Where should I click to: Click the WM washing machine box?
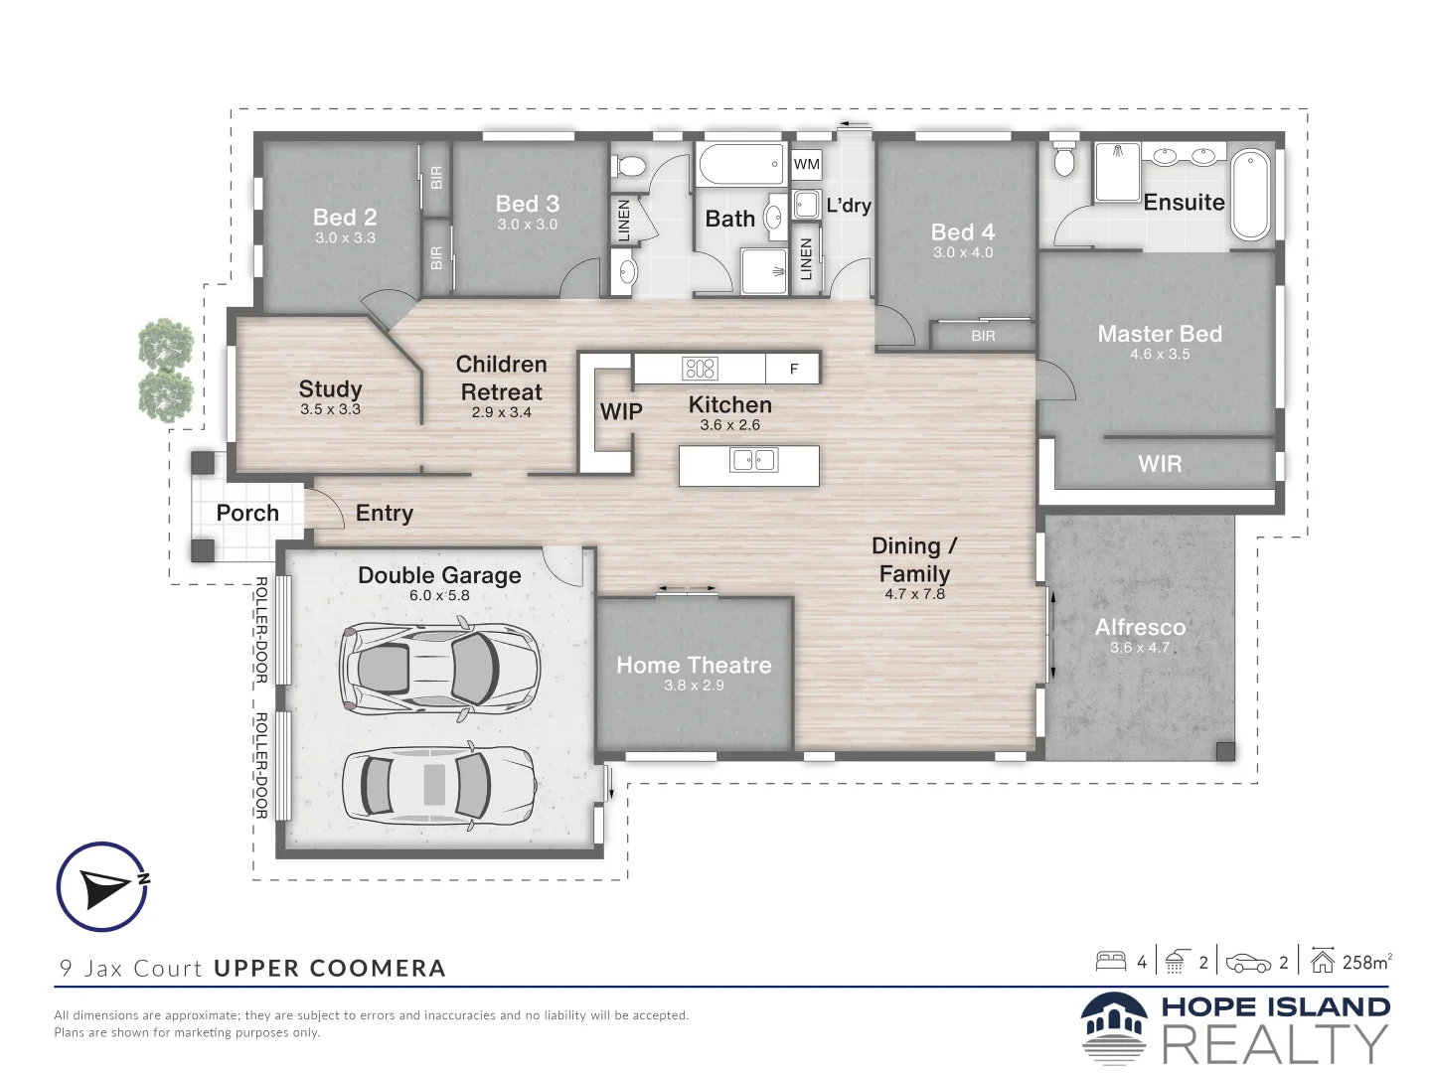(x=807, y=164)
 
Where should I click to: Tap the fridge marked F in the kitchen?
(x=793, y=369)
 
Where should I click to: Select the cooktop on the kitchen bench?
(x=700, y=369)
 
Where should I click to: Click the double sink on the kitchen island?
(x=753, y=460)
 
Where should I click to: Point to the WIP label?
(x=621, y=411)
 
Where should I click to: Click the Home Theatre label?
(x=694, y=666)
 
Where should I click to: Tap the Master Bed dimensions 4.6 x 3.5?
(x=1160, y=354)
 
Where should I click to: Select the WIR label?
(x=1160, y=464)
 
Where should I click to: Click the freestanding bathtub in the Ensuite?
(x=1250, y=195)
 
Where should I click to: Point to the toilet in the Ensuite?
(x=1064, y=157)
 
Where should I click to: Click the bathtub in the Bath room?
(x=741, y=164)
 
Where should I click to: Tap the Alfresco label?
(x=1140, y=627)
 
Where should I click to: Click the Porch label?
(x=247, y=513)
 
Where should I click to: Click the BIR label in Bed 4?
(x=983, y=336)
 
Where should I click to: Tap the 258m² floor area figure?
(x=1367, y=963)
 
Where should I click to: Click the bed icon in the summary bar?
(x=1111, y=962)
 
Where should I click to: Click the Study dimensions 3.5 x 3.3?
(x=330, y=409)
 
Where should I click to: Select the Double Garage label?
(x=439, y=575)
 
